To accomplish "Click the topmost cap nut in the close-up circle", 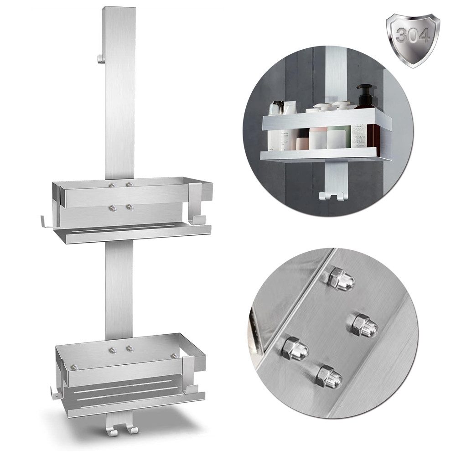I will click(x=341, y=279).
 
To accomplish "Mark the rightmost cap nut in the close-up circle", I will click(x=365, y=326).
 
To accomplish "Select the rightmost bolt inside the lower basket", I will click(x=173, y=355).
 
